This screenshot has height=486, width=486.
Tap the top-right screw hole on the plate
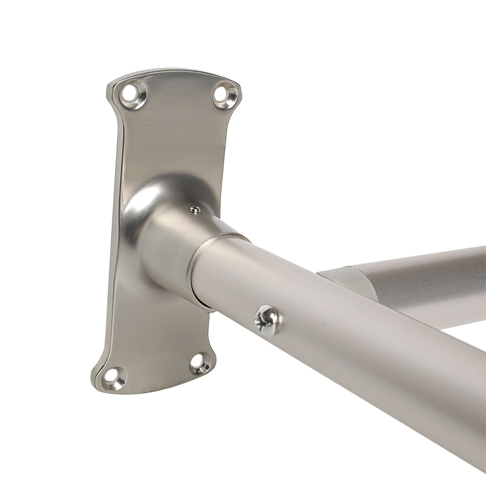pyautogui.click(x=225, y=94)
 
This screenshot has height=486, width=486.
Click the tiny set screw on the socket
pyautogui.click(x=195, y=210)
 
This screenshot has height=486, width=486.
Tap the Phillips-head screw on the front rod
pyautogui.click(x=267, y=319)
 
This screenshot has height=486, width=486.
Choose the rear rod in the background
pyautogui.click(x=428, y=277)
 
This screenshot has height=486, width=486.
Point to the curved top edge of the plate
pyautogui.click(x=175, y=73)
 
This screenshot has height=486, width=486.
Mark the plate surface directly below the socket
pyautogui.click(x=160, y=330)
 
